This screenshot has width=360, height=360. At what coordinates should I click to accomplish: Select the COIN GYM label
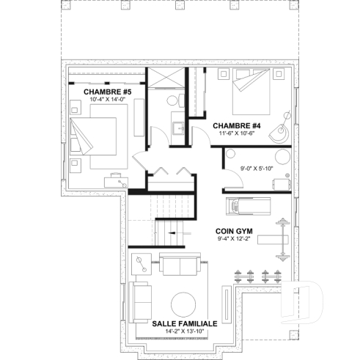coord(234,229)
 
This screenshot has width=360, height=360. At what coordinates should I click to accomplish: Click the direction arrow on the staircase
coord(171,234)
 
